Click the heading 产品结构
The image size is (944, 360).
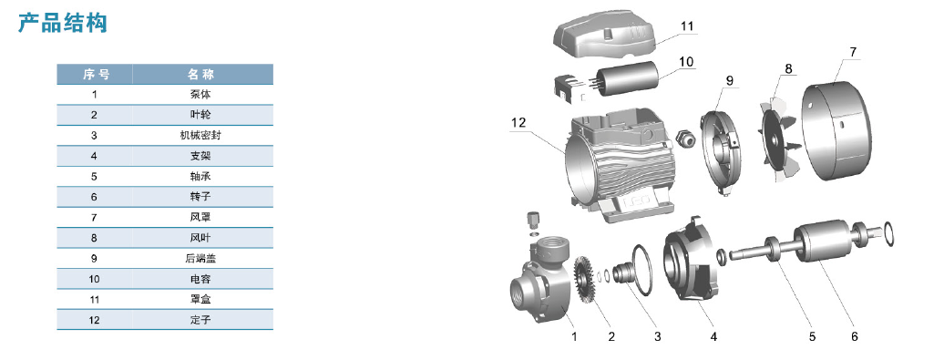pyautogui.click(x=63, y=23)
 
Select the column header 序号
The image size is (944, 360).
pyautogui.click(x=96, y=75)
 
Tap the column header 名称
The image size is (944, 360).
pyautogui.click(x=201, y=75)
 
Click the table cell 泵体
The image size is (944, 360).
pyautogui.click(x=201, y=95)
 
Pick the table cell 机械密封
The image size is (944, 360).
pyautogui.click(x=201, y=136)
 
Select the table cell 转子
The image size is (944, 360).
pyautogui.click(x=201, y=197)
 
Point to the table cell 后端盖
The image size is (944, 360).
pyautogui.click(x=201, y=258)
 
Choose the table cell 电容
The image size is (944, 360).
pyautogui.click(x=201, y=279)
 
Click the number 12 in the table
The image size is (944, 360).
pyautogui.click(x=94, y=320)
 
